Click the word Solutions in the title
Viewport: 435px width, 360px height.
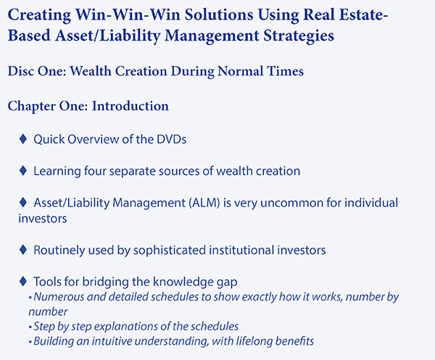[x=219, y=14]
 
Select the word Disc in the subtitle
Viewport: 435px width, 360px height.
[x=20, y=71]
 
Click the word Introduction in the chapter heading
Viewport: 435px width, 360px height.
[x=130, y=106]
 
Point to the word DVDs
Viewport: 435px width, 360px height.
[x=171, y=139]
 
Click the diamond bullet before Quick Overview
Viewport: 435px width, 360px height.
[x=23, y=138]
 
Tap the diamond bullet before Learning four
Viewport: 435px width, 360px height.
[x=23, y=170]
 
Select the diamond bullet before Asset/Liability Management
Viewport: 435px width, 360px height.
[x=23, y=202]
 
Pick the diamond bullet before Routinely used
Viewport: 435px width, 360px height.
[x=23, y=250]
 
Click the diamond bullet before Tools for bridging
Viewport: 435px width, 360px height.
[x=23, y=281]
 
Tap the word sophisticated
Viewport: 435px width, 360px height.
[x=170, y=251]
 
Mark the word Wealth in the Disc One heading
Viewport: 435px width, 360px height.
[x=91, y=71]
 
